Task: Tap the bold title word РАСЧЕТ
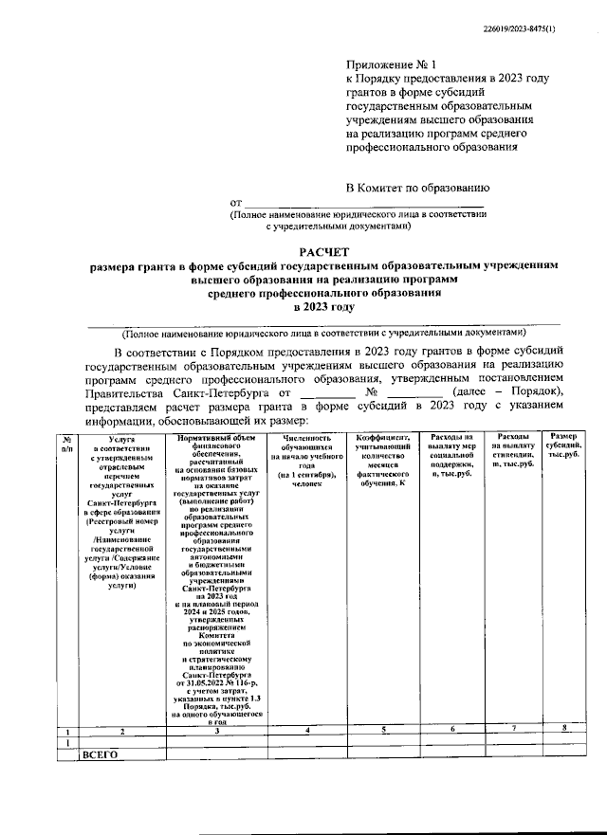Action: click(x=324, y=252)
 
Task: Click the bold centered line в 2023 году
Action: click(x=324, y=307)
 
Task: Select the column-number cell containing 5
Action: click(x=382, y=730)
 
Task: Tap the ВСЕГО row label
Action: click(x=99, y=755)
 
